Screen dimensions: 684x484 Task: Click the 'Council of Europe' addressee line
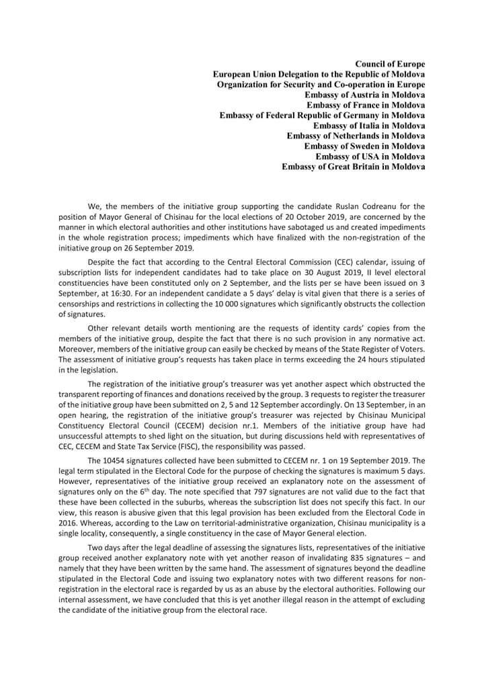(389, 64)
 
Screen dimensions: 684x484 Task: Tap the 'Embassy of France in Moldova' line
(366, 105)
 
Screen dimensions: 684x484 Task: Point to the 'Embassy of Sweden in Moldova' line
(364, 146)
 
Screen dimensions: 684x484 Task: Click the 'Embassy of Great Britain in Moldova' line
(353, 167)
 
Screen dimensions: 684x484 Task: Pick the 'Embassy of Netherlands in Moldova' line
(356, 136)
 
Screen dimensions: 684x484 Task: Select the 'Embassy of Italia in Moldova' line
(369, 126)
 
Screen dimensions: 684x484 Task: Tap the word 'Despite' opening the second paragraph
(102, 258)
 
